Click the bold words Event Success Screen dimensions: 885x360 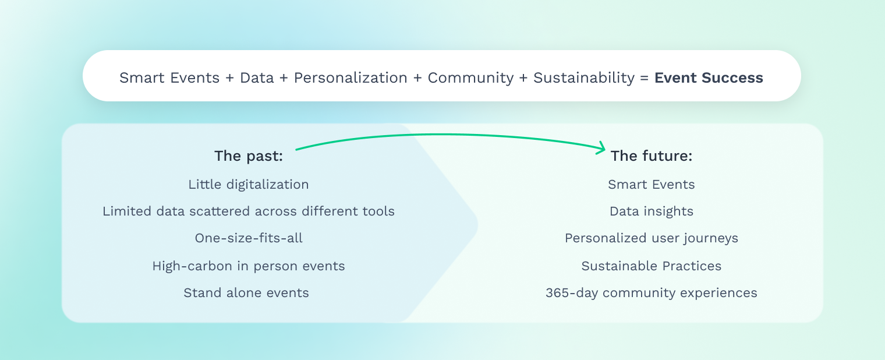point(709,78)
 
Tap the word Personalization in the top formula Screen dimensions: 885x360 point(351,78)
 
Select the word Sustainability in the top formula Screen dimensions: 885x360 point(584,78)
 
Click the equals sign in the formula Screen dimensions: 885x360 point(645,78)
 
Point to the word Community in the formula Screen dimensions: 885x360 point(470,78)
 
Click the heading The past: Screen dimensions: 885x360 point(249,156)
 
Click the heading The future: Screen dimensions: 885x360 point(652,156)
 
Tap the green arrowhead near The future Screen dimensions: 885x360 point(602,148)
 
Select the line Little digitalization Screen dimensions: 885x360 point(249,185)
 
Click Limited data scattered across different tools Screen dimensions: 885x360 point(249,211)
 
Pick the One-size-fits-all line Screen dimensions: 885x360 point(249,238)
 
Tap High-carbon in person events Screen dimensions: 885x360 point(249,266)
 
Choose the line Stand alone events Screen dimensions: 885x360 point(246,293)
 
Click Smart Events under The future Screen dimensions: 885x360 point(652,185)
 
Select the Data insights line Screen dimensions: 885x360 point(652,211)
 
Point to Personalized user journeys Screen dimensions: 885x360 point(652,238)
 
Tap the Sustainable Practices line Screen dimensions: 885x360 point(652,266)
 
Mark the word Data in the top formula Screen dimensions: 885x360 point(257,78)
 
